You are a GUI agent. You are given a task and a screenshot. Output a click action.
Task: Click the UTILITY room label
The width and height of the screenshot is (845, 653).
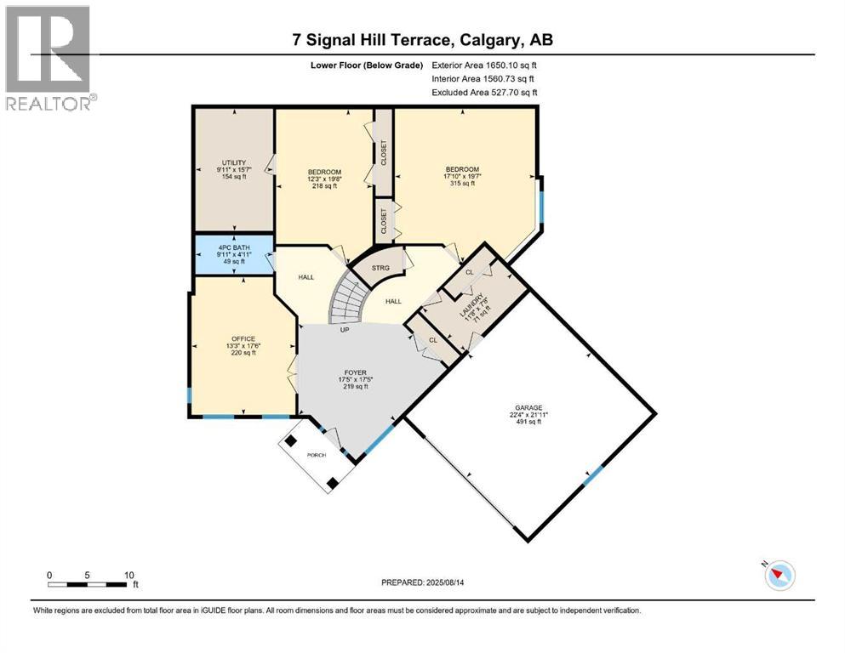click(x=234, y=162)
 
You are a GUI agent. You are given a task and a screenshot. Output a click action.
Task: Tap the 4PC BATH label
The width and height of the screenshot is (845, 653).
click(x=234, y=247)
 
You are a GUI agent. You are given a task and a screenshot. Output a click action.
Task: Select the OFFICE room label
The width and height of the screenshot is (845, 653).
click(x=243, y=339)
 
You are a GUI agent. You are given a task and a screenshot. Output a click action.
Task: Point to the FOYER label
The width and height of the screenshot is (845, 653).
click(x=355, y=372)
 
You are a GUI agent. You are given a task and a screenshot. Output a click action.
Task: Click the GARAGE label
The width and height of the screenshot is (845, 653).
click(x=528, y=408)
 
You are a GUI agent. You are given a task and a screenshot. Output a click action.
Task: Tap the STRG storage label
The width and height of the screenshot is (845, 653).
click(x=380, y=268)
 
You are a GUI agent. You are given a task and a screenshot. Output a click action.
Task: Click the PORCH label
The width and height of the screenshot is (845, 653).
click(x=317, y=456)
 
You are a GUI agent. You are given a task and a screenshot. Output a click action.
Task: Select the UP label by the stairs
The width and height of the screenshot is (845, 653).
click(x=345, y=330)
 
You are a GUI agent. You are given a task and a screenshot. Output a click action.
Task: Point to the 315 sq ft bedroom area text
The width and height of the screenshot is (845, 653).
click(x=462, y=184)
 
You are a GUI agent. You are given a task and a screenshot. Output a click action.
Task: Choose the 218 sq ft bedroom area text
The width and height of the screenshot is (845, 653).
click(x=324, y=186)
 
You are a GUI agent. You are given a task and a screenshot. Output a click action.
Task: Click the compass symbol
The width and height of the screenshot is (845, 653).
click(x=779, y=576)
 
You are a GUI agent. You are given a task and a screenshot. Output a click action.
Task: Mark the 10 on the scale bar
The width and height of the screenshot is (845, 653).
click(x=129, y=575)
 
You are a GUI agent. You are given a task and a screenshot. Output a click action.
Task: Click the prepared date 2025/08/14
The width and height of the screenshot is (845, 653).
click(x=445, y=582)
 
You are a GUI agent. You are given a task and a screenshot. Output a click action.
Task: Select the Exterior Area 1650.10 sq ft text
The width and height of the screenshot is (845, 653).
click(x=484, y=65)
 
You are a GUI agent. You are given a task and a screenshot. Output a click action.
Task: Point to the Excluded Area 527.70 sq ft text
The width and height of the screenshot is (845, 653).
click(x=484, y=93)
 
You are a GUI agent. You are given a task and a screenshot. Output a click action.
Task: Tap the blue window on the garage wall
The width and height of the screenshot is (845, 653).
click(x=593, y=476)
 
